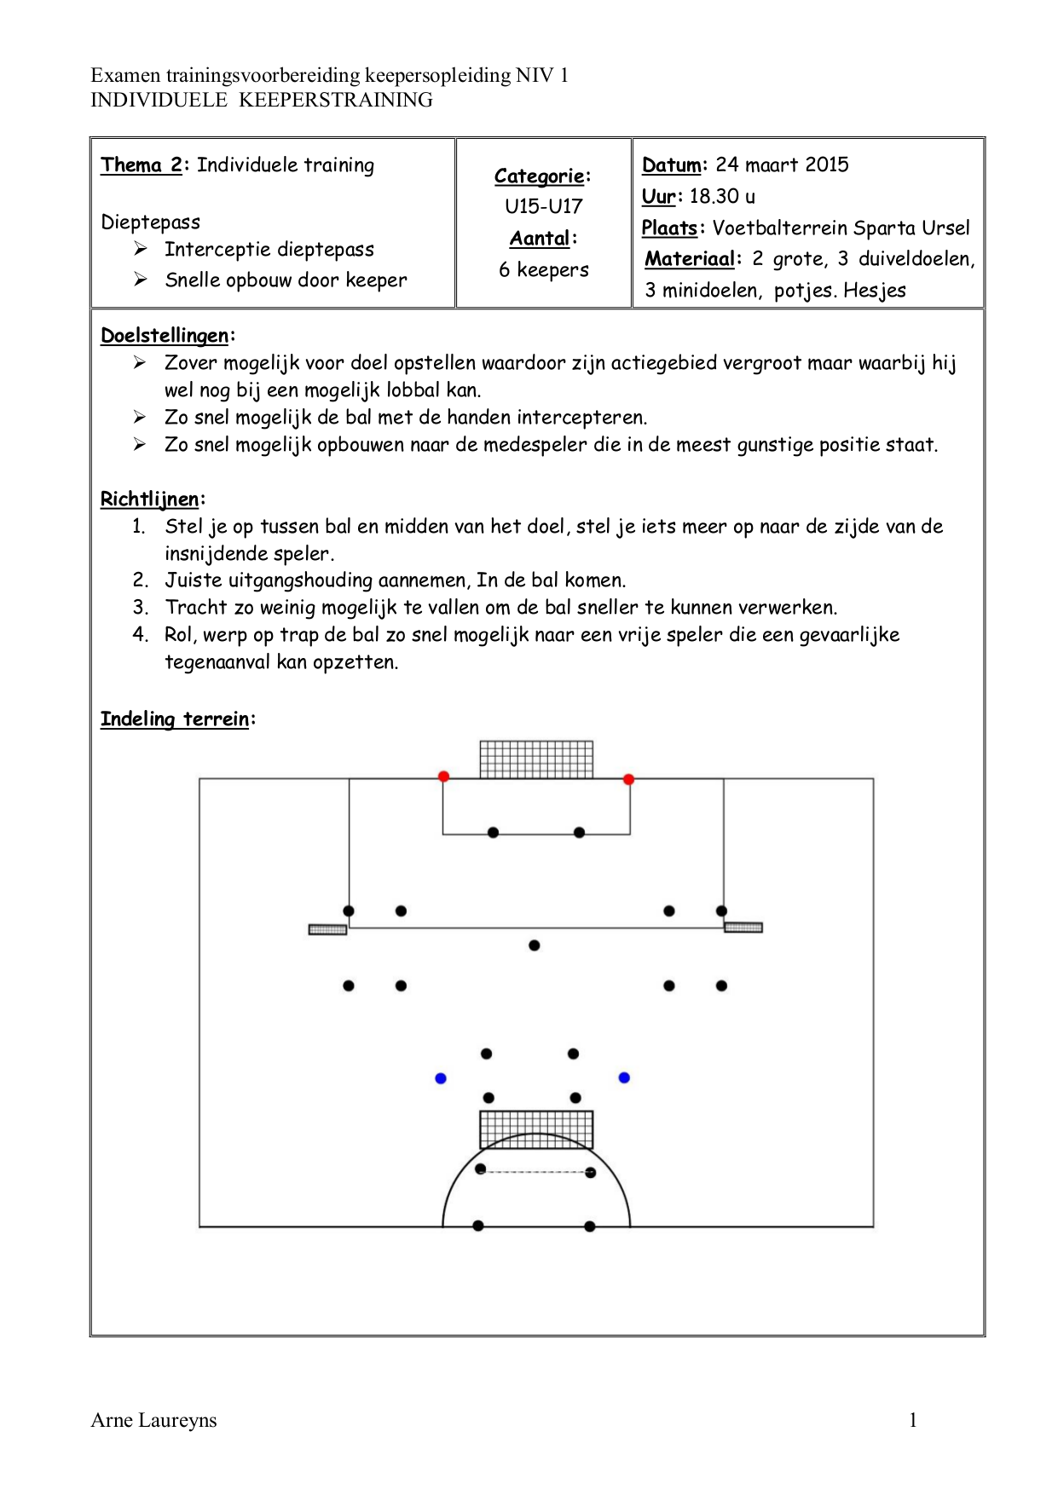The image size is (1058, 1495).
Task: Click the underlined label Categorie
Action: point(540,176)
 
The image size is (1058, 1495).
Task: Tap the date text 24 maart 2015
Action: point(782,165)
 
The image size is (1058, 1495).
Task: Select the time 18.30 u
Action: point(722,196)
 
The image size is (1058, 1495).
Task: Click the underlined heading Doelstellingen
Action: point(165,336)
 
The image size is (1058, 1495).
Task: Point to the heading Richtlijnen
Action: point(150,499)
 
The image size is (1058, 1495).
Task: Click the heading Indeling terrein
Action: point(175,719)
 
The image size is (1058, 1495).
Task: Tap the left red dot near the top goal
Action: point(443,776)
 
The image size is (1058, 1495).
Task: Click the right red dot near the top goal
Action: point(628,779)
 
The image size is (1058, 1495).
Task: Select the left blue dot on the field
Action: point(441,1078)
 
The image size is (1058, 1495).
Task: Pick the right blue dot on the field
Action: point(624,1077)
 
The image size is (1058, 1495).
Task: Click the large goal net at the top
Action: point(536,759)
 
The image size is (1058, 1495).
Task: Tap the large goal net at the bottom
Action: point(536,1130)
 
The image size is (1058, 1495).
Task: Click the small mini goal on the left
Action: point(327,930)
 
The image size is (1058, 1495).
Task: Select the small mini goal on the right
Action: point(743,927)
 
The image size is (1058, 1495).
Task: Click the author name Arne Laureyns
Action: point(153,1420)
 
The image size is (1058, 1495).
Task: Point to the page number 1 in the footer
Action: point(913,1420)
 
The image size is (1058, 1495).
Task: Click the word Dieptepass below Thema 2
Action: point(151,222)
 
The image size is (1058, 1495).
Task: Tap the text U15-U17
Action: point(544,206)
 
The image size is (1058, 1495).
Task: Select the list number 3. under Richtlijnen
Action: point(141,608)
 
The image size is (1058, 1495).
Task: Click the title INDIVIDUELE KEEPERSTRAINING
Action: point(262,100)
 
